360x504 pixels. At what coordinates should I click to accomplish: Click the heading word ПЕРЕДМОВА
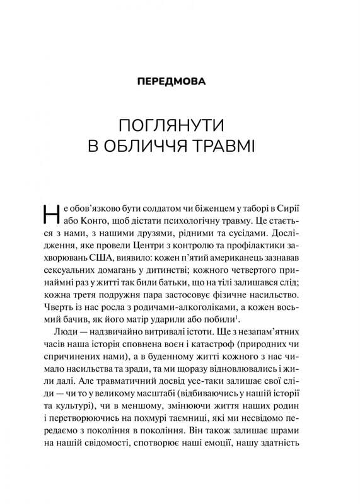(180, 82)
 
